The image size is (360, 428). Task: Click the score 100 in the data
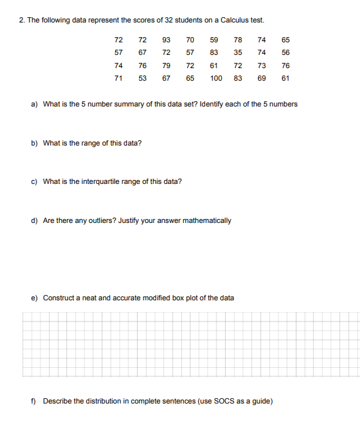(216, 78)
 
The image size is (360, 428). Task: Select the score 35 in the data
(238, 53)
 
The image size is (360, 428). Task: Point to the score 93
(166, 40)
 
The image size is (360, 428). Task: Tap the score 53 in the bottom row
(142, 78)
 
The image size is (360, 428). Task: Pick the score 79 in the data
(166, 65)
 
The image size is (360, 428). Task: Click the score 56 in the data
(285, 53)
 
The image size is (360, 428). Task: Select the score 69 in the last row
(261, 78)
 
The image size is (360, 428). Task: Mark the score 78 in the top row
(238, 40)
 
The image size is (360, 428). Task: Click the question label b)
(34, 143)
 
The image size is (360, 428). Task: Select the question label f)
(34, 402)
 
